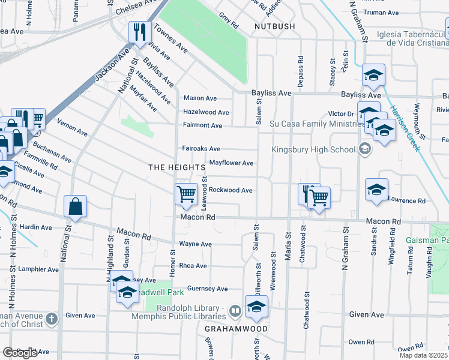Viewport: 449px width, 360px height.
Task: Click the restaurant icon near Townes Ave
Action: coord(140,32)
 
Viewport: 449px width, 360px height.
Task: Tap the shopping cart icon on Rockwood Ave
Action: coord(187,194)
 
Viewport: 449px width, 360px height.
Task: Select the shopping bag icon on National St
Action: coord(76,206)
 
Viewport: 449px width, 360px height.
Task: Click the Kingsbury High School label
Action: coord(313,149)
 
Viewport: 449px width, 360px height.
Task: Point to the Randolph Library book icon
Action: coord(235,311)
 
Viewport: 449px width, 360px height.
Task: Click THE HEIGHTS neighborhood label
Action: coord(173,167)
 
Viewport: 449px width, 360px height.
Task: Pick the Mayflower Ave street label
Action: coord(231,163)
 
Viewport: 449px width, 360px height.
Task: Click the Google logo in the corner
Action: coord(20,353)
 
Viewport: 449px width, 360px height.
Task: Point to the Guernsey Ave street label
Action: coord(208,289)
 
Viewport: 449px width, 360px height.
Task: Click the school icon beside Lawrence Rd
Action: coord(376,189)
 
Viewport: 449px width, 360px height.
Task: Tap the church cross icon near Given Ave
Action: coord(52,318)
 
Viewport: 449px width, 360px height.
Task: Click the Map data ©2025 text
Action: coord(424,355)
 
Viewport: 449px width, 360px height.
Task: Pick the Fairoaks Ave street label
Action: coord(201,149)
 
